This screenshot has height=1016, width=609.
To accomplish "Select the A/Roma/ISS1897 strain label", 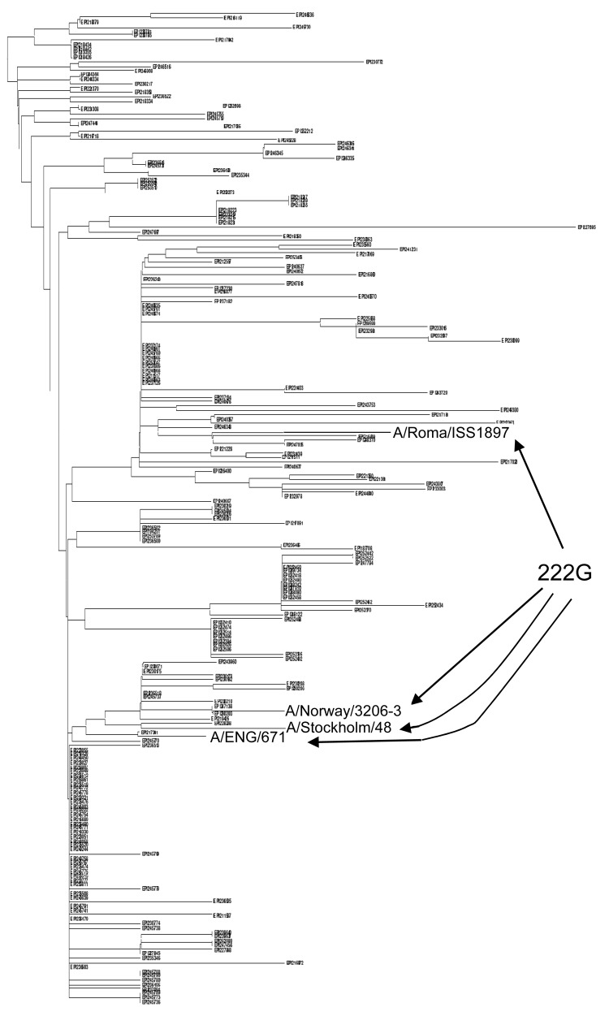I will [451, 433].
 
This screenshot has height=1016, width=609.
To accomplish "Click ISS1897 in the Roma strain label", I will [477, 433].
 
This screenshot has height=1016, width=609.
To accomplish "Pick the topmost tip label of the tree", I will [305, 15].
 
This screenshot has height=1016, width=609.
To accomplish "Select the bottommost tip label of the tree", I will [151, 1004].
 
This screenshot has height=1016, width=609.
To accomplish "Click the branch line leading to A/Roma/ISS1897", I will [341, 432].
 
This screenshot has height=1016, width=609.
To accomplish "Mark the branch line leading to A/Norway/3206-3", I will [244, 711].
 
